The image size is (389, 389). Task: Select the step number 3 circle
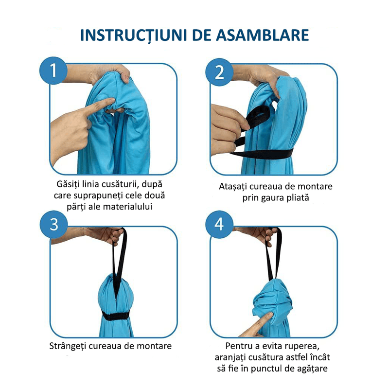click(x=54, y=224)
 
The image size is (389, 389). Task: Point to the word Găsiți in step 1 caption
click(x=69, y=185)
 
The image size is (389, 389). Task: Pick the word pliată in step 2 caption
click(x=297, y=198)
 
